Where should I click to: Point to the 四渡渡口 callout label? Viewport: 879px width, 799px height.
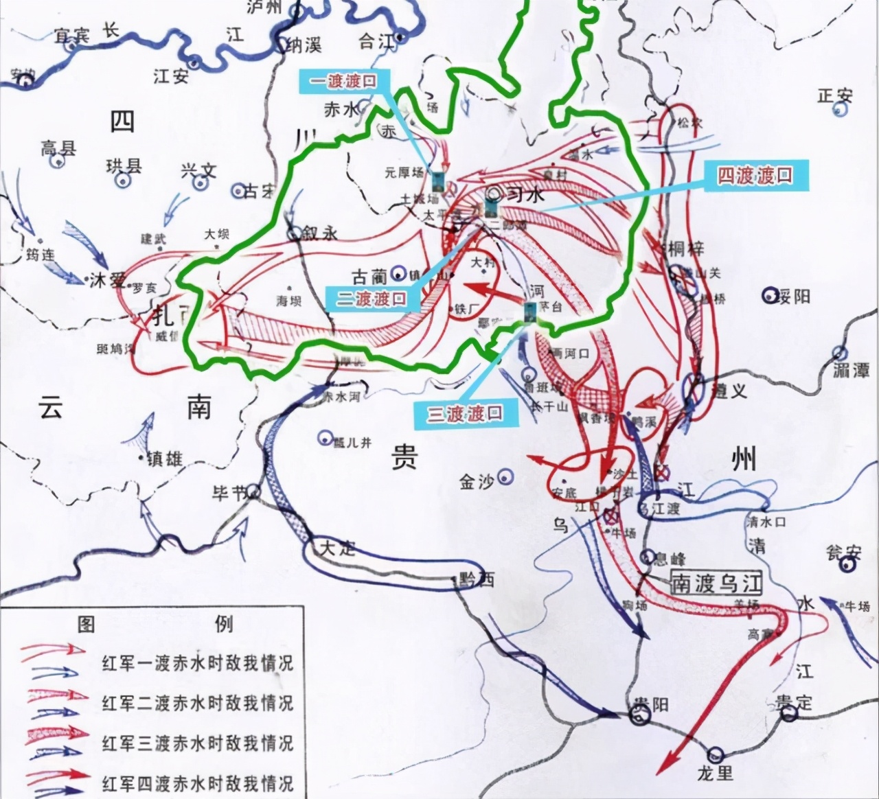tap(755, 176)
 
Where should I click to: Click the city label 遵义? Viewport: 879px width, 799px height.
tap(729, 391)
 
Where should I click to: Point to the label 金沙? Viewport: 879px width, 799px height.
tap(477, 481)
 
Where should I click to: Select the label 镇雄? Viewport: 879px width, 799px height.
tap(165, 459)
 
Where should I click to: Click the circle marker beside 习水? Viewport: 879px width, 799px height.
tap(494, 193)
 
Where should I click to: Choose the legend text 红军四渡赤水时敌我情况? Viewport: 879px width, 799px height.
tap(198, 783)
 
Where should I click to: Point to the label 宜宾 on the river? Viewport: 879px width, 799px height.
tap(73, 36)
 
